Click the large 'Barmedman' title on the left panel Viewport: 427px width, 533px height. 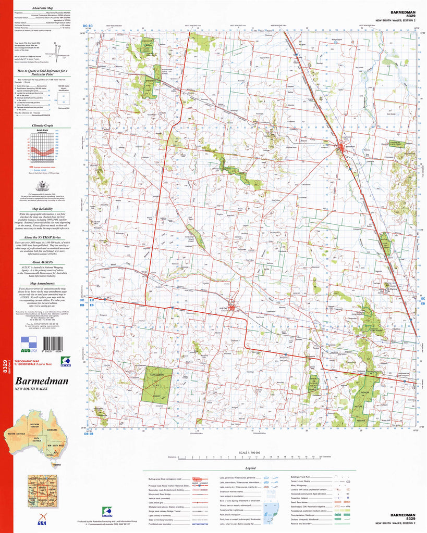click(x=42, y=381)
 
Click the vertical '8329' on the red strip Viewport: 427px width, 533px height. click(x=5, y=367)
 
